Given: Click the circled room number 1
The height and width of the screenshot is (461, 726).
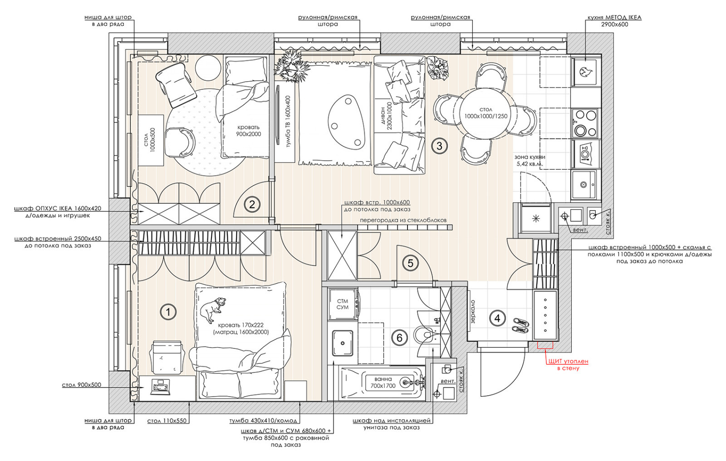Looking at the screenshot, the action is click(168, 312).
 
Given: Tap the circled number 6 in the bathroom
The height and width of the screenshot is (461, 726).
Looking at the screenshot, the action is click(399, 338).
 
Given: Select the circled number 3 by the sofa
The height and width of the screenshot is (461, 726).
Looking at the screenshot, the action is click(439, 146).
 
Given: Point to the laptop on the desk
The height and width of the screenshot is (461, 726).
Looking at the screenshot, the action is click(160, 387).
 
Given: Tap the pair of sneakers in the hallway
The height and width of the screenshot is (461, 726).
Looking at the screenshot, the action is click(520, 326).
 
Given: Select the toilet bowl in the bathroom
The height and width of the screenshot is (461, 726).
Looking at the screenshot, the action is click(425, 335).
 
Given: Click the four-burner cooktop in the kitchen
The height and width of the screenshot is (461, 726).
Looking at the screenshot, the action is click(586, 123).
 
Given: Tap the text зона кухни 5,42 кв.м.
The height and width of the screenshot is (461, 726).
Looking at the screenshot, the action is click(530, 161).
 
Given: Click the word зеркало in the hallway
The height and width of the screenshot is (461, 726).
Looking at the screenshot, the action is click(473, 312).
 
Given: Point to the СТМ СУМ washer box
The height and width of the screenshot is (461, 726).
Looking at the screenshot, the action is click(343, 304).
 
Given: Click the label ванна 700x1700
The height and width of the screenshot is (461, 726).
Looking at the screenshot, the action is click(383, 383).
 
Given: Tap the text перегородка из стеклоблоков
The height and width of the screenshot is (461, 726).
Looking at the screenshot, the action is click(403, 221).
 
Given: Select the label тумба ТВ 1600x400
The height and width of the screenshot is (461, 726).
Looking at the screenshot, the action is click(288, 122).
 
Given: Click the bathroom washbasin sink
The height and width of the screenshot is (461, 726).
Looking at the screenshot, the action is click(343, 343).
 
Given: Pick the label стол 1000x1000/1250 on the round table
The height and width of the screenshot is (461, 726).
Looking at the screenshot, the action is click(486, 113).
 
